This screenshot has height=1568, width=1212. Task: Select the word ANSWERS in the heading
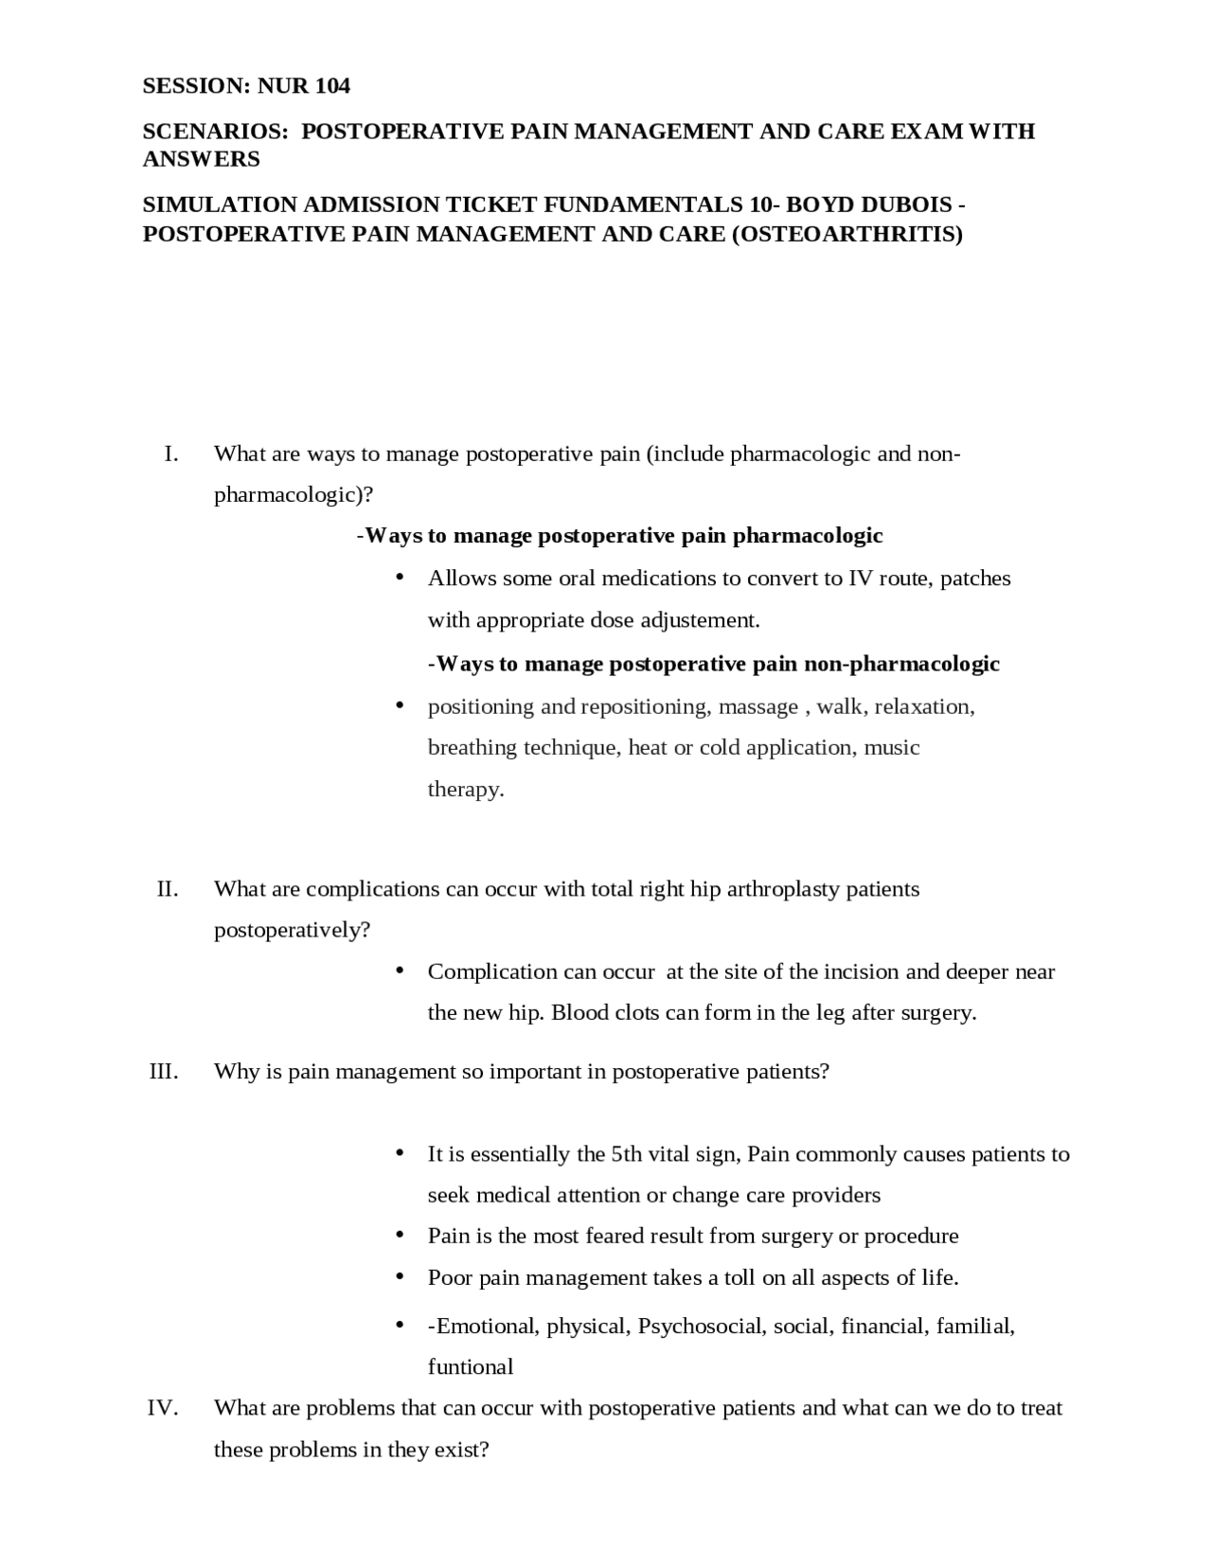coord(201,158)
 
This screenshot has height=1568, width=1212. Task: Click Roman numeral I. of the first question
coord(170,454)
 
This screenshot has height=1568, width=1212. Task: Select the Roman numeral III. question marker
coord(164,1071)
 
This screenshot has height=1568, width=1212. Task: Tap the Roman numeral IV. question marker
coord(162,1408)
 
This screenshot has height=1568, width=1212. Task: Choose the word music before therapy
coord(892,747)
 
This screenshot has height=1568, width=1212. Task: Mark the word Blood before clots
coord(580,1012)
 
